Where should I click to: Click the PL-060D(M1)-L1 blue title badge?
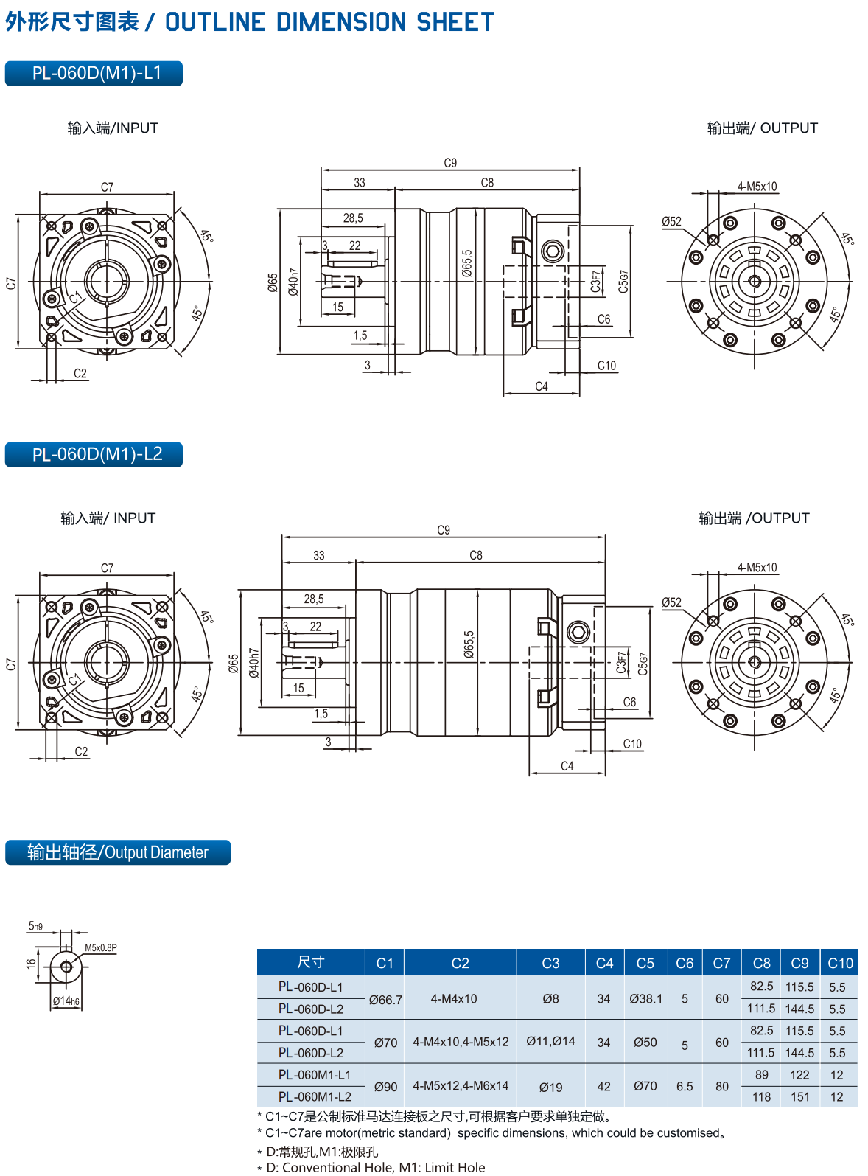(94, 73)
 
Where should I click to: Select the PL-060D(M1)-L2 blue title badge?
(94, 454)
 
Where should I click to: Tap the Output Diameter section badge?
(118, 852)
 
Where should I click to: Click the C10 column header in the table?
(840, 963)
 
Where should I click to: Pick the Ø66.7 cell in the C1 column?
(385, 1000)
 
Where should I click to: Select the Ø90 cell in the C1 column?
(385, 1087)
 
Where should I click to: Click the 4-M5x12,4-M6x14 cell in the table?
(461, 1085)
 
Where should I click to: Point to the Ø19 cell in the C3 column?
(550, 1088)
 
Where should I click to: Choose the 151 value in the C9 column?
(799, 1096)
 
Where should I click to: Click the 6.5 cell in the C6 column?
(684, 1086)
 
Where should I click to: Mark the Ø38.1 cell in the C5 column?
(645, 999)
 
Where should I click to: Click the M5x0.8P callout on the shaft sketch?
(101, 947)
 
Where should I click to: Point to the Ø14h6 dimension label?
(66, 1001)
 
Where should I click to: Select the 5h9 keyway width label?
(35, 926)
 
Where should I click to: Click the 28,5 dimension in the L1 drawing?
(353, 218)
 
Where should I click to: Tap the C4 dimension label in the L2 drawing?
(567, 765)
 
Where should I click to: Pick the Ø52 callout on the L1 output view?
(671, 222)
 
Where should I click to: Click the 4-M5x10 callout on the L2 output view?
(757, 567)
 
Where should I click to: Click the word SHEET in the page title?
(455, 21)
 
